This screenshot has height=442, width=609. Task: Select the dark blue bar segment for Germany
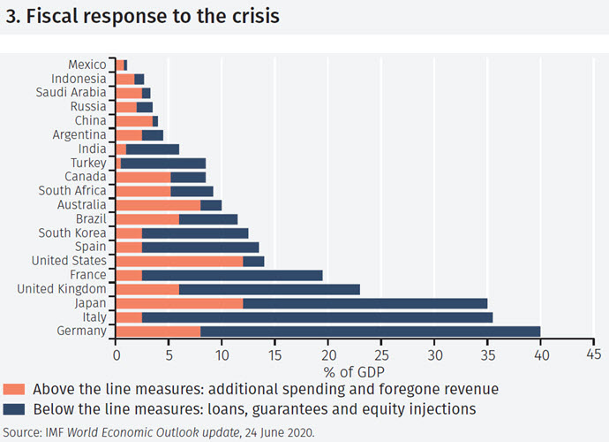click(x=371, y=331)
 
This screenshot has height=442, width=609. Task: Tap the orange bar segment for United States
click(x=179, y=261)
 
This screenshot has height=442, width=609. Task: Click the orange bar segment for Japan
click(x=179, y=303)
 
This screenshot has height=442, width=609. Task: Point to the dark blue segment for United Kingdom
click(x=270, y=289)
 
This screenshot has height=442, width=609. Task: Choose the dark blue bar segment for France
click(x=232, y=275)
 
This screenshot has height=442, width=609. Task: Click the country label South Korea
click(x=72, y=232)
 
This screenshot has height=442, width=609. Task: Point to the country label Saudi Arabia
click(x=71, y=92)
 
